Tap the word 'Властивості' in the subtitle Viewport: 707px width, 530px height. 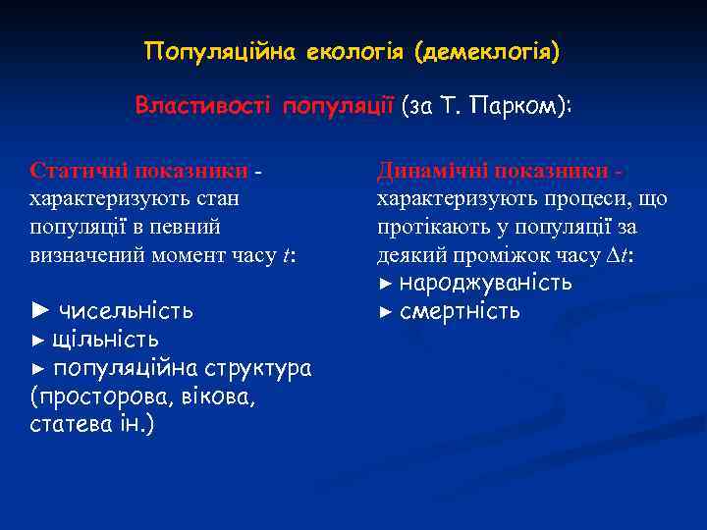(205, 105)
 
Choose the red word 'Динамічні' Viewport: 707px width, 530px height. (432, 171)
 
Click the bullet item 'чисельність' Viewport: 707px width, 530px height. (126, 312)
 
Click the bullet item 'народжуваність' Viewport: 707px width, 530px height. (485, 284)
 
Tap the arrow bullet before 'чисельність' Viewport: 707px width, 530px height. (39, 312)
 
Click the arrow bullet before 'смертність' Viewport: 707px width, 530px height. (385, 312)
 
